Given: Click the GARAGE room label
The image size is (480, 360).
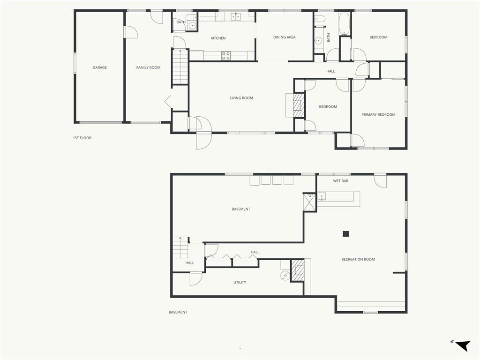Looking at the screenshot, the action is pyautogui.click(x=100, y=67).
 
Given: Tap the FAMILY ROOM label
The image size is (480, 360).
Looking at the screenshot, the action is pyautogui.click(x=148, y=67).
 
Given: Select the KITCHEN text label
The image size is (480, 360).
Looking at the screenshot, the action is pyautogui.click(x=218, y=38).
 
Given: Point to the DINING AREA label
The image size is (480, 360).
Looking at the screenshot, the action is pyautogui.click(x=285, y=37).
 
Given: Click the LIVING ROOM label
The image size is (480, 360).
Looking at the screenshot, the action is pyautogui.click(x=241, y=98).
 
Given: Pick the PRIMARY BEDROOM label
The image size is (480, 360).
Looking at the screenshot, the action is pyautogui.click(x=378, y=114).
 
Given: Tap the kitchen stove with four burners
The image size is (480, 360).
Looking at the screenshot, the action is pyautogui.click(x=226, y=56).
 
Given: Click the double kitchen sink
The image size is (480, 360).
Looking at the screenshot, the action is pyautogui.click(x=236, y=16).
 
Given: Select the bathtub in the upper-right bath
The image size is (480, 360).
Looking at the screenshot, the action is pyautogui.click(x=345, y=24).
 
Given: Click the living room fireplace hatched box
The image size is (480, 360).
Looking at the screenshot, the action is pyautogui.click(x=299, y=105).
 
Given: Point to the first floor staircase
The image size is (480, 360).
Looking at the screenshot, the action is pyautogui.click(x=180, y=67).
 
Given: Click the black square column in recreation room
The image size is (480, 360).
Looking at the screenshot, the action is pyautogui.click(x=345, y=234).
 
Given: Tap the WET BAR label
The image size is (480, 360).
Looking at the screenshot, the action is pyautogui.click(x=340, y=181).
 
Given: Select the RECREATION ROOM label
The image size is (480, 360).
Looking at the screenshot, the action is pyautogui.click(x=358, y=259).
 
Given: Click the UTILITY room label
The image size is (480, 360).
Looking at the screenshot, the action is pyautogui.click(x=240, y=282).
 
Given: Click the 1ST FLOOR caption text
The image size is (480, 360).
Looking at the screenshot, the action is pyautogui.click(x=82, y=138).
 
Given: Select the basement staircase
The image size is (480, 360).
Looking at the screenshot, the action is pyautogui.click(x=180, y=248).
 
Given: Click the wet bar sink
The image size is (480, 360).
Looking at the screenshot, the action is pyautogui.click(x=322, y=196).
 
